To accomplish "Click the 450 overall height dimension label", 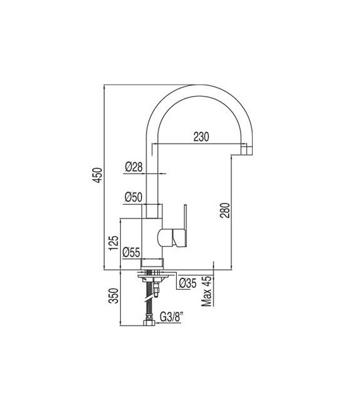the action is pos(97,175).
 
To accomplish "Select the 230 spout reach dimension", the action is pos(201,137).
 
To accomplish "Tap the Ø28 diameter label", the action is pos(134,167).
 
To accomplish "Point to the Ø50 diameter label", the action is pos(133,197).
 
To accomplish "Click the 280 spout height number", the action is pos(225,210).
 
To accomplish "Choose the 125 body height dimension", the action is pos(114,242).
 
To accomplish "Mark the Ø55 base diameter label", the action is pos(131,252).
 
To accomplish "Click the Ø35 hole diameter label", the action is pos(188,283).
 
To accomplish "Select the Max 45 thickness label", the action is pos(207,291).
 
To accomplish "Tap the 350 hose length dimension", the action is pos(114,295).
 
